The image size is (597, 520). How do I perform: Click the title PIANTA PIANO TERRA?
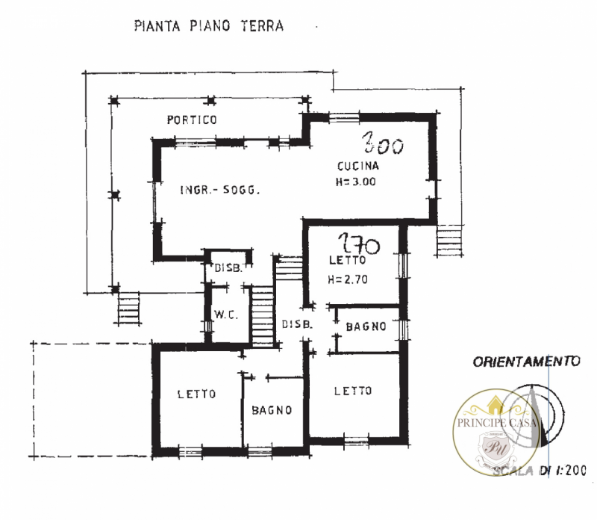click(x=208, y=26)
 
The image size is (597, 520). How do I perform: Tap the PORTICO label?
click(x=192, y=120)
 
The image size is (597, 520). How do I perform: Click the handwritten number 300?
click(x=383, y=143)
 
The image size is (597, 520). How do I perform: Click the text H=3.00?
click(x=357, y=182)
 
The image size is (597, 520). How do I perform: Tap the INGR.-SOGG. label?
click(x=219, y=191)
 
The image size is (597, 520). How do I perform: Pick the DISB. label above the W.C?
click(x=228, y=269)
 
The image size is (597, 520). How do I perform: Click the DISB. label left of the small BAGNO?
click(x=296, y=324)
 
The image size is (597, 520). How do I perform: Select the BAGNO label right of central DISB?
click(x=365, y=326)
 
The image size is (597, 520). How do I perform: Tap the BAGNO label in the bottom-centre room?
click(x=271, y=410)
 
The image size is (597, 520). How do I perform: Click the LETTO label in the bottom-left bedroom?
click(x=197, y=394)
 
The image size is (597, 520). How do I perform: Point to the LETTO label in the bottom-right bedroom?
click(x=353, y=391)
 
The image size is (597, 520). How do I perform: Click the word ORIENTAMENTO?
click(x=526, y=362)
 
